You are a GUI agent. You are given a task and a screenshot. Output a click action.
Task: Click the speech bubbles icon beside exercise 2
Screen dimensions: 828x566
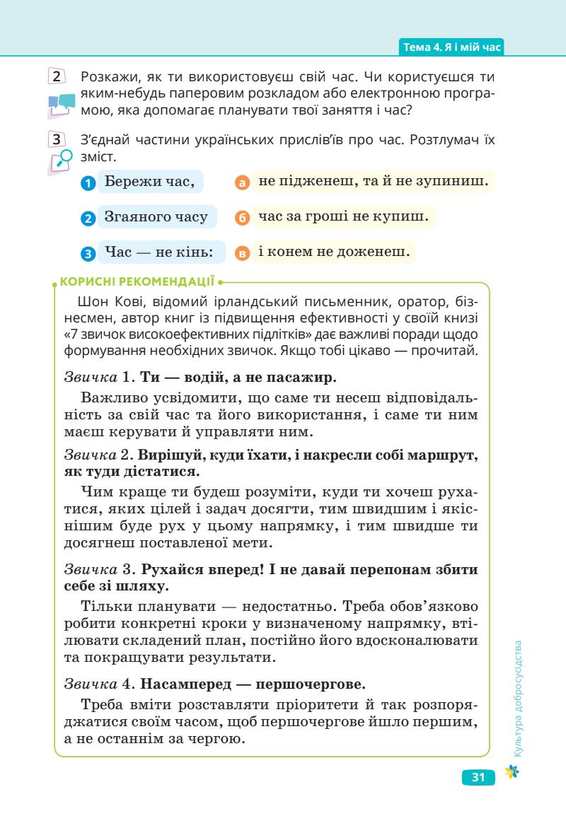tap(62, 105)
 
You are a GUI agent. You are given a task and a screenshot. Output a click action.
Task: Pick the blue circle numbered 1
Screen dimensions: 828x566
tap(87, 183)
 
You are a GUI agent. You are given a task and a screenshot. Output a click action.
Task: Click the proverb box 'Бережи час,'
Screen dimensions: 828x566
tap(149, 182)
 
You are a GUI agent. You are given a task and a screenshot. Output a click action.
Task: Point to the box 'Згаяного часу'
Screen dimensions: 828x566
tap(156, 216)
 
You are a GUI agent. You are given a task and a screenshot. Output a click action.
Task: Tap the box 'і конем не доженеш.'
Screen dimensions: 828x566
tap(332, 251)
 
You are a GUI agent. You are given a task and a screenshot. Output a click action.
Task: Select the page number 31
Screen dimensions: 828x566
tap(478, 778)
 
